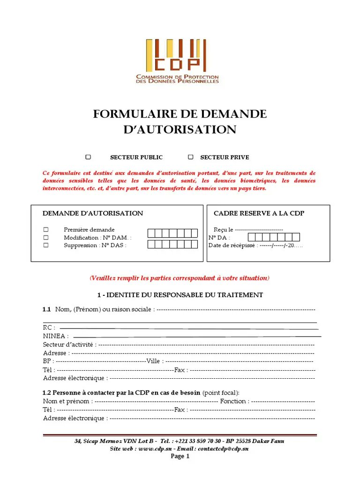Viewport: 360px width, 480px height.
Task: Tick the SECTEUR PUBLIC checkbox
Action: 88,157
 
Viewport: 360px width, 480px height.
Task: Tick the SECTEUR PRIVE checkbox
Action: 191,157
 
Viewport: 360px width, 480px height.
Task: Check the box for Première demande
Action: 46,230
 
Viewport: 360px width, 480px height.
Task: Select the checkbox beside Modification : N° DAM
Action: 46,238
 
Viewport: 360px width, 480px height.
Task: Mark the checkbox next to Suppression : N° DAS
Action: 46,245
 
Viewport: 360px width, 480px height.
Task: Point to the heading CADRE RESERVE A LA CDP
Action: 259,213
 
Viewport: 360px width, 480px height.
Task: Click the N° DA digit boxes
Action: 274,237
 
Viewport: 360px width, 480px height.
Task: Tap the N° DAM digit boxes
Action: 173,233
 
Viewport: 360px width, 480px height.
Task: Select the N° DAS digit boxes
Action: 173,244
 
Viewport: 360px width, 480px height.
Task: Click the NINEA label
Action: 55,336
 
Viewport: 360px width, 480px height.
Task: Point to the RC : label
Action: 49,328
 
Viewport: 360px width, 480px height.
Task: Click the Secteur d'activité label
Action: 69,345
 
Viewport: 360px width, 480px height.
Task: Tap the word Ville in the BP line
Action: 154,361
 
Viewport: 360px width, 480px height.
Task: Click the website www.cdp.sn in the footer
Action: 154,449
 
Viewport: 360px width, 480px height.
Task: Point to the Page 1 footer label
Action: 180,456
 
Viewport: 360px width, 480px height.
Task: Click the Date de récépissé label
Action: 232,245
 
